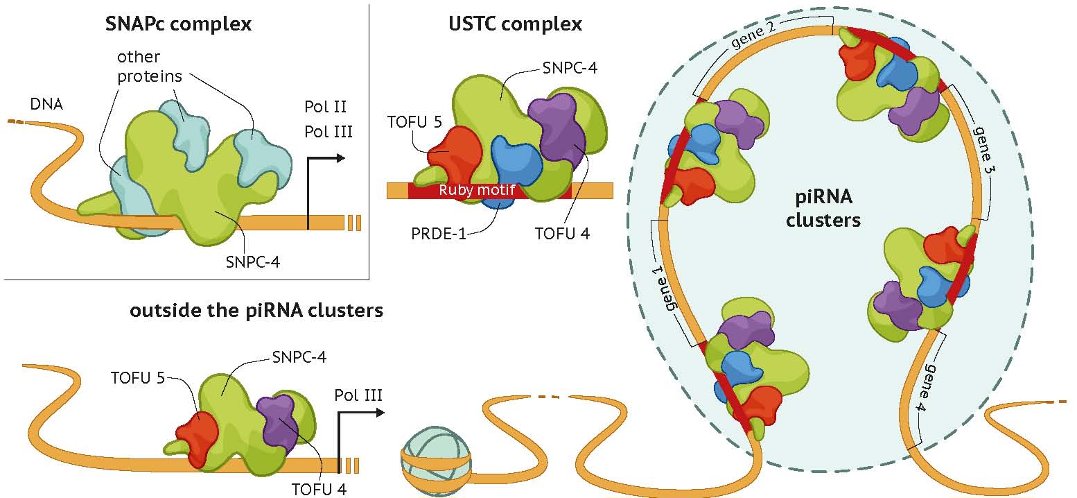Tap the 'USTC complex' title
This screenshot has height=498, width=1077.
pyautogui.click(x=514, y=25)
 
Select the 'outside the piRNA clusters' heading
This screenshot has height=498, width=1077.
pyautogui.click(x=256, y=310)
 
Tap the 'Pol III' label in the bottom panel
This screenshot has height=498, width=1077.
pyautogui.click(x=358, y=396)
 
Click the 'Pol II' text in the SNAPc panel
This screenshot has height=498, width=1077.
pyautogui.click(x=325, y=108)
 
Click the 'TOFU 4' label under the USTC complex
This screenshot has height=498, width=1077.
pyautogui.click(x=562, y=234)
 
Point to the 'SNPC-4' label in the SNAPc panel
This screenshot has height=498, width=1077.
pyautogui.click(x=254, y=261)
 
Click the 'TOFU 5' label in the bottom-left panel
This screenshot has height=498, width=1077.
pyautogui.click(x=137, y=378)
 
